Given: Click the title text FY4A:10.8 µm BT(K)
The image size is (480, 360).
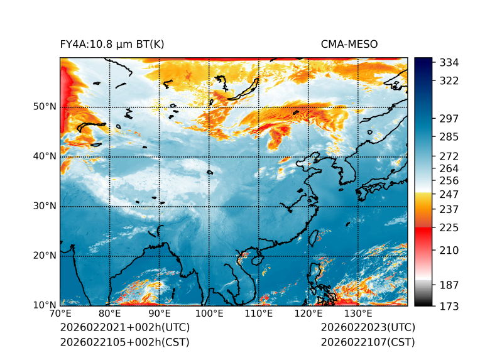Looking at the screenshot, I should pos(112,44).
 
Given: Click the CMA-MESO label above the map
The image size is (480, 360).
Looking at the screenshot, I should pos(349,44).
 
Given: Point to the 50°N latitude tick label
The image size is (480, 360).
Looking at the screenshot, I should pos(45,107).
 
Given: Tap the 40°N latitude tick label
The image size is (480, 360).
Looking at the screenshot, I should pos(45,156).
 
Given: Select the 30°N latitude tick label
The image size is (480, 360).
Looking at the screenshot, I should pos(45,206).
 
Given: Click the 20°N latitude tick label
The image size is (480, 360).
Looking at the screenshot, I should pos(45,256).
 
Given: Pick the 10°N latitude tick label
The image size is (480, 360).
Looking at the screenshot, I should pos(45,305).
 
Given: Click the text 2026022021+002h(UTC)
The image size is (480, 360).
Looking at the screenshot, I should pos(124,328).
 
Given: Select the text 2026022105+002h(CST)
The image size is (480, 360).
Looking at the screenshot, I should pos(124,342).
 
